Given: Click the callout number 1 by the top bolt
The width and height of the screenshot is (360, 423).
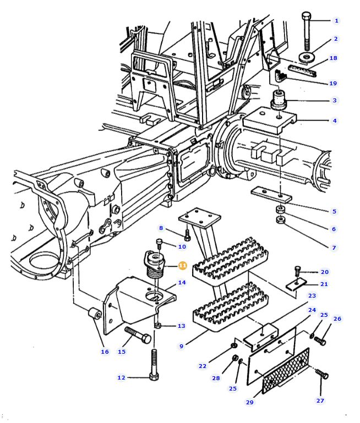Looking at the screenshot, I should (336, 20).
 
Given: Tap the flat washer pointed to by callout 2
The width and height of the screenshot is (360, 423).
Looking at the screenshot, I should (307, 57).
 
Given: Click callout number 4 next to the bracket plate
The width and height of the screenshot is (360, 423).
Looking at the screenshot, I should (335, 120).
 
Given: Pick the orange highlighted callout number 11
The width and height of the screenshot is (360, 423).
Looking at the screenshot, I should (182, 266).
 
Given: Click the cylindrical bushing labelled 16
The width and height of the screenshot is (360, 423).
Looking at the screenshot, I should (95, 315).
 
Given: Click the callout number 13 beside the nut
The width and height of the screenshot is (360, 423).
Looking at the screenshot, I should (182, 326).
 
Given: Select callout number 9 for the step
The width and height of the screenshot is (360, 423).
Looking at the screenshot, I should (181, 346).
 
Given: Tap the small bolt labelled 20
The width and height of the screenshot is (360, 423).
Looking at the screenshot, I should (298, 271).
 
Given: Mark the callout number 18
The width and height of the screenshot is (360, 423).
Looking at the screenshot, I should (333, 58).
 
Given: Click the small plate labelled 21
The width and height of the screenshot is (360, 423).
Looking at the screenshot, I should (297, 284).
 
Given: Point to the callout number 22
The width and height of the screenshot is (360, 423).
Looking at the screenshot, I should (202, 366).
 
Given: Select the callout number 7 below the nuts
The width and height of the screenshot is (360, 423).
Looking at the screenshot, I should (334, 248).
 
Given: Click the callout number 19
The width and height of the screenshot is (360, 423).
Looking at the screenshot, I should (333, 83).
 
